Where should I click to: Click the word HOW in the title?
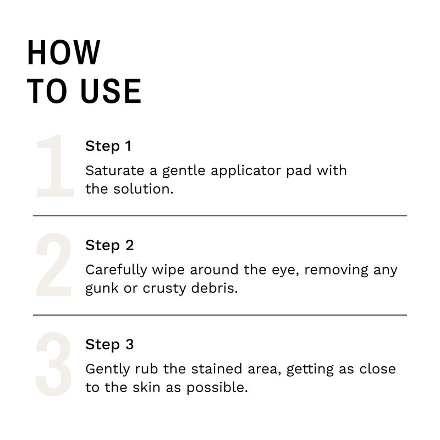coord(64,52)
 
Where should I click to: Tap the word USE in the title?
coord(111,91)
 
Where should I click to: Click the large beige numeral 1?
coord(54,166)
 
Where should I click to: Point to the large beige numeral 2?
coord(53,265)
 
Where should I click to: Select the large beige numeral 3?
coord(53,364)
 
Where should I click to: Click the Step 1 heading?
coord(108,146)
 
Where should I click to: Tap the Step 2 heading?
coord(109,245)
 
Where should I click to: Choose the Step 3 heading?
coord(109,345)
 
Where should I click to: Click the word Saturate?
coord(115,170)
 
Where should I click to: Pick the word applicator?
coord(246,171)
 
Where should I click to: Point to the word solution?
coord(144,189)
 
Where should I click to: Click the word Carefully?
coord(116,270)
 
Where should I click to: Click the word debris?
coord(215,288)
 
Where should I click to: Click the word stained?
coord(217,369)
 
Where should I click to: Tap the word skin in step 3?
coord(146,387)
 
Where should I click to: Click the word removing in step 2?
coord(336,271)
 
